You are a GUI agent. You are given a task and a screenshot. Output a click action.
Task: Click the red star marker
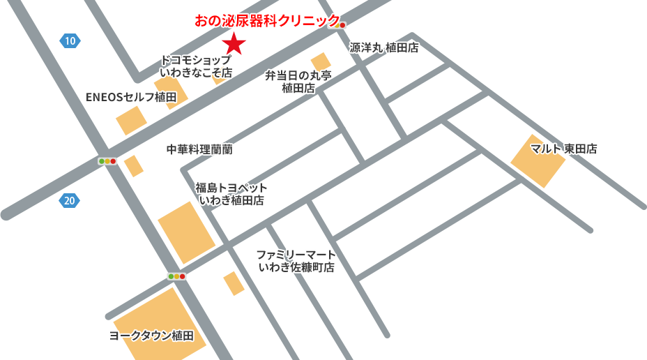click(234, 43)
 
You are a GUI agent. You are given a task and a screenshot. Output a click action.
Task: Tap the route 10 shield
click(70, 41)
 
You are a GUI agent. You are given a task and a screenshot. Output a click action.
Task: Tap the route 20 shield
click(69, 201)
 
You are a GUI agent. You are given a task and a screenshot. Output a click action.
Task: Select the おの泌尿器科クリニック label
click(267, 21)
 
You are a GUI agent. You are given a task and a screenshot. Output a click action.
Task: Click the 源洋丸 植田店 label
click(384, 47)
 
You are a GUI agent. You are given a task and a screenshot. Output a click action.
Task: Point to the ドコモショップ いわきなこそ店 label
click(196, 66)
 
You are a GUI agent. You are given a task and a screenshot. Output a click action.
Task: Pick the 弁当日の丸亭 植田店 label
click(298, 82)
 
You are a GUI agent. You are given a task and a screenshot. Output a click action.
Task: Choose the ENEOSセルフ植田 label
click(131, 97)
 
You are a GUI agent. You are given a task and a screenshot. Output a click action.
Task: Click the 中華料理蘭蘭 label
click(199, 149)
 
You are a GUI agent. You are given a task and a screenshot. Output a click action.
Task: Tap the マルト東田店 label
click(563, 149)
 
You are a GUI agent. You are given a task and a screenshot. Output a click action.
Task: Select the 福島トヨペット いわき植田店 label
click(231, 194)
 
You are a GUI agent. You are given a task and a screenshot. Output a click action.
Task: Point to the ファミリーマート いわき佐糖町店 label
click(296, 261)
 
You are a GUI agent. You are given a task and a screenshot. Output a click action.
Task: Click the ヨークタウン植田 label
click(151, 336)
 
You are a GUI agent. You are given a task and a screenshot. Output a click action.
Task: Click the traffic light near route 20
click(107, 161)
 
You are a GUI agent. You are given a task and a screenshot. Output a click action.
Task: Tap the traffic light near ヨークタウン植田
click(176, 276)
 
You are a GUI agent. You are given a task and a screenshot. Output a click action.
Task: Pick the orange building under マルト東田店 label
click(538, 162)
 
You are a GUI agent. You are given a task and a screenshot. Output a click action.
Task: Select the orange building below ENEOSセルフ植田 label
click(131, 121)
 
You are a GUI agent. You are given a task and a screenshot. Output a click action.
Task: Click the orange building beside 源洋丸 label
click(321, 62)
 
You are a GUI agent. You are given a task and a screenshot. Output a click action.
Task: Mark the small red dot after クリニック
click(342, 25)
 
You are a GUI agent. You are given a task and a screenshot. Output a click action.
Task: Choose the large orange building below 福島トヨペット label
click(186, 232)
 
